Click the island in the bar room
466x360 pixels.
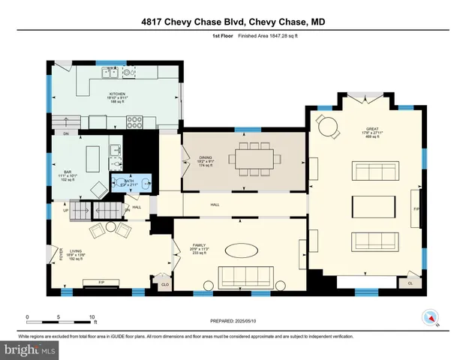point(94,158)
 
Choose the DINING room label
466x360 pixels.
point(206,160)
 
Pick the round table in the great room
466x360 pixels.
point(329,127)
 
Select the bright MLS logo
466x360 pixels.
point(30,349)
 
